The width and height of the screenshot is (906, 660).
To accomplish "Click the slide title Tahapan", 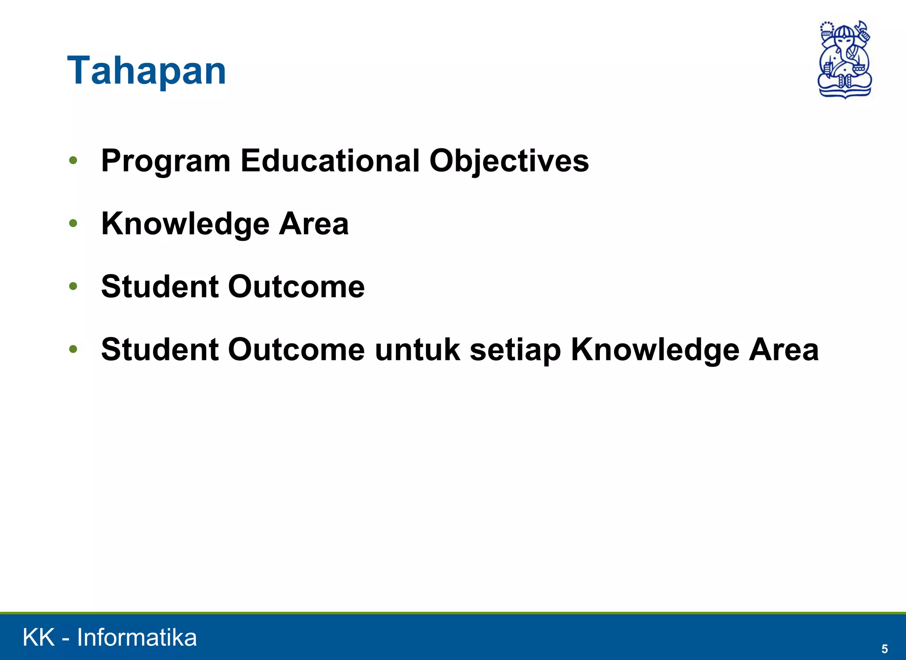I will tap(146, 71).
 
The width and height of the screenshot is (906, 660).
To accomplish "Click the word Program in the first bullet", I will tap(166, 161).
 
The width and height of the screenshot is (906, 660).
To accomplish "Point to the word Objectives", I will tap(509, 161).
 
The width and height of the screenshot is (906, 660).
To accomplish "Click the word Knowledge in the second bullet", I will tap(185, 224).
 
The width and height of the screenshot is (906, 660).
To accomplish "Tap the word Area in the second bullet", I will tap(314, 224).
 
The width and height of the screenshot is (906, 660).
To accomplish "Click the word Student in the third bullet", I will tap(160, 286).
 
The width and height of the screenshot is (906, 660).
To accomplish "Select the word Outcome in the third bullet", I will tap(296, 286).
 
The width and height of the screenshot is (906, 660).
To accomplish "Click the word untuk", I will tap(418, 350).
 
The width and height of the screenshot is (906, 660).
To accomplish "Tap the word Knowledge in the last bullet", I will tap(655, 350).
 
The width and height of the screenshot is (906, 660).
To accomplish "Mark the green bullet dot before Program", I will tap(73, 161).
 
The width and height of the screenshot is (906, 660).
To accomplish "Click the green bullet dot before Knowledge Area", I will tap(73, 224).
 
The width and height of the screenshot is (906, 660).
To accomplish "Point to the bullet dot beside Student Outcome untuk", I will tap(73, 350).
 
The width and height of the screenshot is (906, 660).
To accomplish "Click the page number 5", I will tap(884, 649).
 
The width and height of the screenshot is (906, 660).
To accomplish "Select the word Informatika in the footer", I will tap(137, 638).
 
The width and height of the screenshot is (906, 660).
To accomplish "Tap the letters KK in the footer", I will tap(38, 638).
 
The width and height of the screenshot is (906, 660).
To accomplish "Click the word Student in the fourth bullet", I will tap(160, 350).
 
